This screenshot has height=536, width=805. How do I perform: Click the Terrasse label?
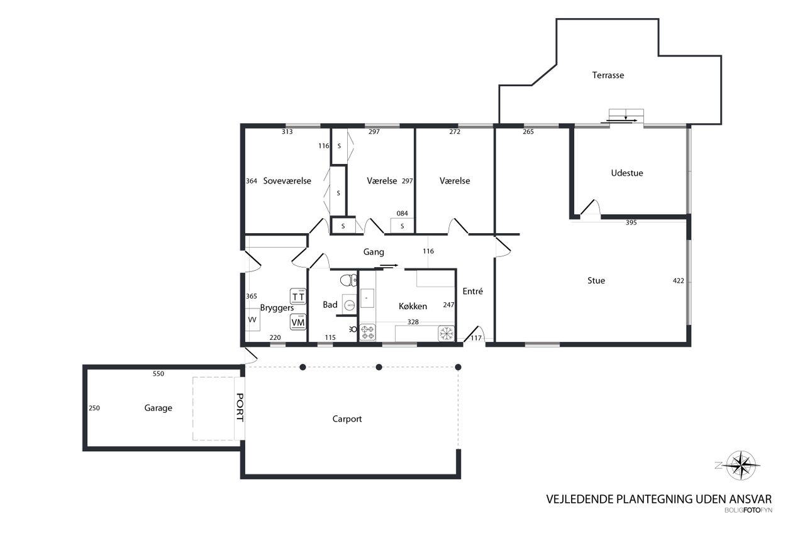pyautogui.click(x=608, y=75)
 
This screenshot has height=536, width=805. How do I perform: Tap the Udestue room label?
pyautogui.click(x=627, y=173)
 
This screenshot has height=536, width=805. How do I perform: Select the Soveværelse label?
pyautogui.click(x=287, y=181)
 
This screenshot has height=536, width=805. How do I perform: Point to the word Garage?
pyautogui.click(x=158, y=408)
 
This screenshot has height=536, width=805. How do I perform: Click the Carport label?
pyautogui.click(x=347, y=419)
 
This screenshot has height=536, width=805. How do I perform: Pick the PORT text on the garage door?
pyautogui.click(x=240, y=407)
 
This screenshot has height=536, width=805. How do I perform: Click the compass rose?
pyautogui.click(x=741, y=466)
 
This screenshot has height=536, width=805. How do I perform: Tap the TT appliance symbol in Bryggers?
pyautogui.click(x=298, y=297)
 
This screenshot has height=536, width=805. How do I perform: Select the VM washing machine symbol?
pyautogui.click(x=298, y=322)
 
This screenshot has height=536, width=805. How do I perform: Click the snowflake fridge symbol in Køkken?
pyautogui.click(x=447, y=333)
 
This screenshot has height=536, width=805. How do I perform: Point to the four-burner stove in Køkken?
pyautogui.click(x=367, y=332)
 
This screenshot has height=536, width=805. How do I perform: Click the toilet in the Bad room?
pyautogui.click(x=348, y=280)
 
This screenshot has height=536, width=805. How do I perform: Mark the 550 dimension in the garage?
pyautogui.click(x=158, y=374)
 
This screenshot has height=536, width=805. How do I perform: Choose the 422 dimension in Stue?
pyautogui.click(x=678, y=281)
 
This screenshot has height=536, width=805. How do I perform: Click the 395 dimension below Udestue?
pyautogui.click(x=631, y=222)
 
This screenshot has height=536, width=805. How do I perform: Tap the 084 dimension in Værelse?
pyautogui.click(x=402, y=214)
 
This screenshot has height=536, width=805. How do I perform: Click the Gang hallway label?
pyautogui.click(x=374, y=252)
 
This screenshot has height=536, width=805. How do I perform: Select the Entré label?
pyautogui.click(x=472, y=291)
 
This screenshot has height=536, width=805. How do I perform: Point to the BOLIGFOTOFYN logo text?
pyautogui.click(x=748, y=510)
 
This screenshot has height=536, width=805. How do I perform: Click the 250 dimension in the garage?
pyautogui.click(x=94, y=408)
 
